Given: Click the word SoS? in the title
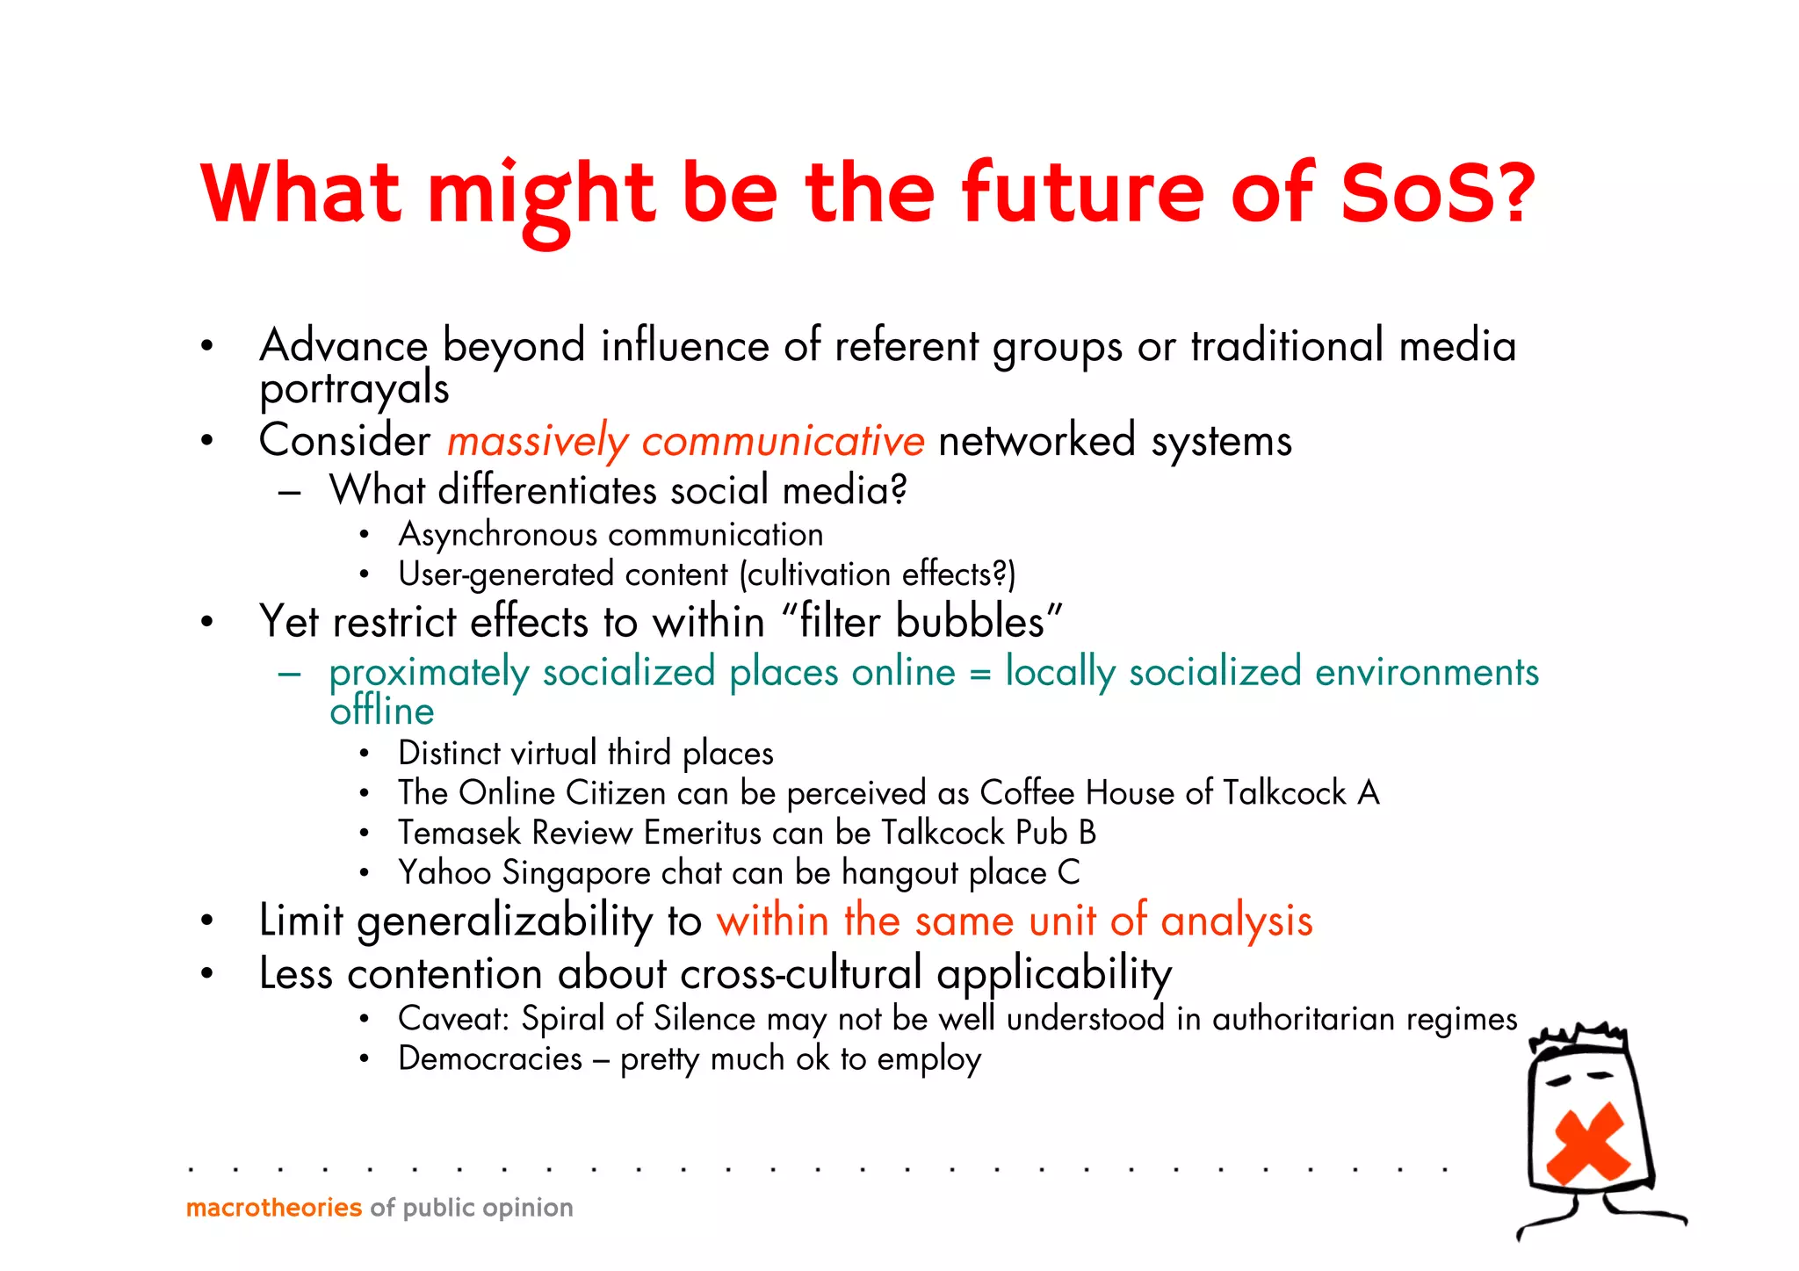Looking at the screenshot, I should (1438, 193).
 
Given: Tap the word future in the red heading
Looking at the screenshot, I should (1082, 193).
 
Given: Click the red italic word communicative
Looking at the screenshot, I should (783, 441).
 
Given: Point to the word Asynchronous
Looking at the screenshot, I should (497, 535).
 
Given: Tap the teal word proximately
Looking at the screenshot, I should (429, 674).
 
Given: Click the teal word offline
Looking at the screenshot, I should (381, 711).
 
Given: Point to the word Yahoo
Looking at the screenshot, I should (444, 873).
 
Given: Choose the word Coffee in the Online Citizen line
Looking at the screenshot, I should (1027, 793).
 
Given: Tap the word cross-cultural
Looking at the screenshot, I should (800, 974).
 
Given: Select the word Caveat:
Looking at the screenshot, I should (453, 1019).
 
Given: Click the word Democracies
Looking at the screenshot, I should (490, 1059).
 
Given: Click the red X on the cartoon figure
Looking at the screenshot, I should (1587, 1143).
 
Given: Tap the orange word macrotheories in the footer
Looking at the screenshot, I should (274, 1208).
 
